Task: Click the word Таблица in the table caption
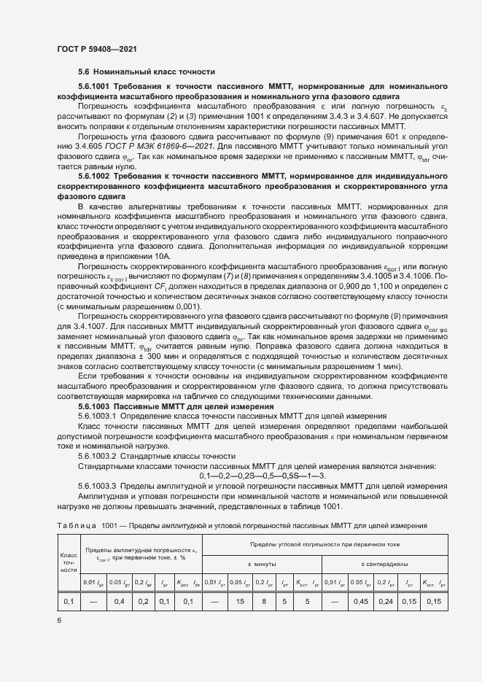coord(77,525)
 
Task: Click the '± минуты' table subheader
coord(261,564)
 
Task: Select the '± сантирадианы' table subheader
coord(384,564)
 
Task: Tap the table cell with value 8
coord(263,601)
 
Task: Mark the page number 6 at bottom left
coord(59,620)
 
